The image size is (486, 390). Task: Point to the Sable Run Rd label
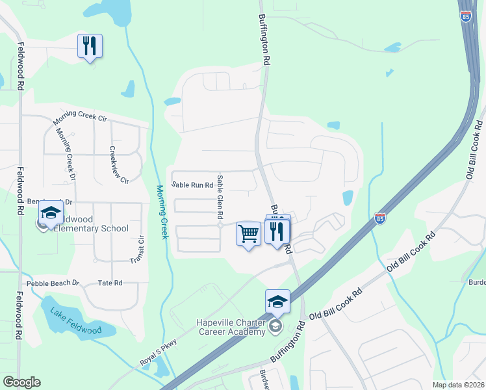(x=192, y=185)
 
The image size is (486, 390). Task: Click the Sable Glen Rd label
(x=221, y=196)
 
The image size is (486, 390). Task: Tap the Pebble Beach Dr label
(x=52, y=283)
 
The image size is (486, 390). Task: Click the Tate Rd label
(x=109, y=283)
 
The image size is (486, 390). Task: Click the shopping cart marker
(x=248, y=234)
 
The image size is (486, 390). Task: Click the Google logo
(x=21, y=382)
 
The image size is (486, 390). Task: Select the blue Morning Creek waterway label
(x=162, y=212)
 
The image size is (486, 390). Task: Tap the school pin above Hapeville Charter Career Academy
(x=277, y=302)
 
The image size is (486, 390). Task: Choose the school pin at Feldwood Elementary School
(x=51, y=214)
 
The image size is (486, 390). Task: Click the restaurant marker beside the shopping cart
(x=277, y=232)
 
